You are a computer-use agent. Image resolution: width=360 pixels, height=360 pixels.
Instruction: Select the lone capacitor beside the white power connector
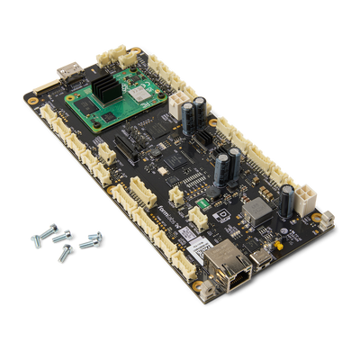point(286,200)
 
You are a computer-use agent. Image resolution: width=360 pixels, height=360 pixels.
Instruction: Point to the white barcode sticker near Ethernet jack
point(187,232)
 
